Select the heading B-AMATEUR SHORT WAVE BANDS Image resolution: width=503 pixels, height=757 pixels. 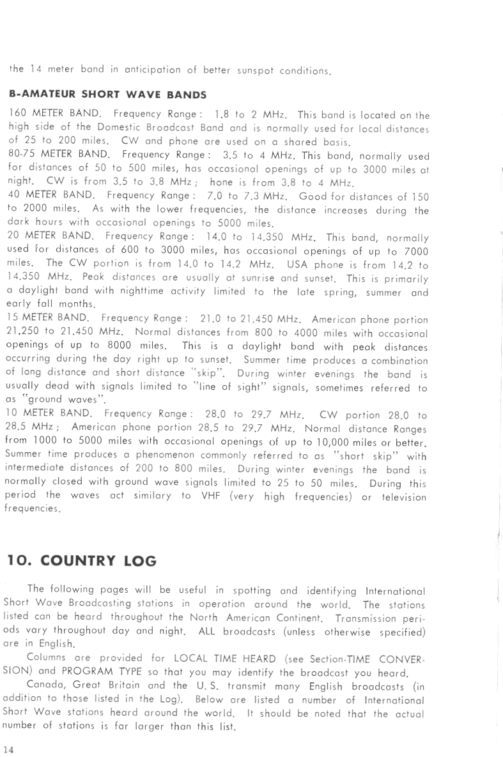tap(108, 95)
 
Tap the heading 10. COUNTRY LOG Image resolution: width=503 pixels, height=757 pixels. tap(81, 561)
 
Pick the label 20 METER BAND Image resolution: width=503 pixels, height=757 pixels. tap(52, 235)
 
